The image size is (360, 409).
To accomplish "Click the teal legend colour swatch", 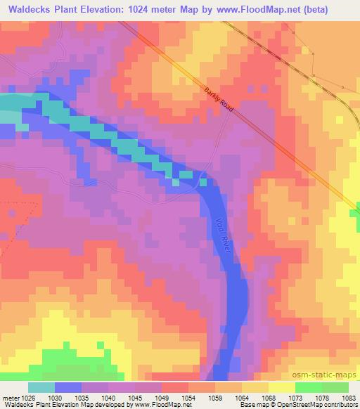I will click(41, 387).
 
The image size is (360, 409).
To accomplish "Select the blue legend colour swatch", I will click(67, 387).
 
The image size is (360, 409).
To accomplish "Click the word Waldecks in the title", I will click(27, 8).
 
